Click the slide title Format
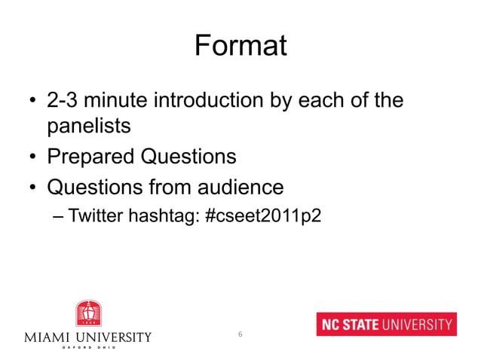[x=240, y=46]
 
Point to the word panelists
[x=89, y=126]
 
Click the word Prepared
[x=90, y=157]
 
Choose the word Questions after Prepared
[x=187, y=157]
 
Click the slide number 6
[x=240, y=334]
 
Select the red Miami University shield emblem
[x=87, y=313]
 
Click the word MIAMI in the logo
[x=46, y=337]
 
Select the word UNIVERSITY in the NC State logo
[x=419, y=325]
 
